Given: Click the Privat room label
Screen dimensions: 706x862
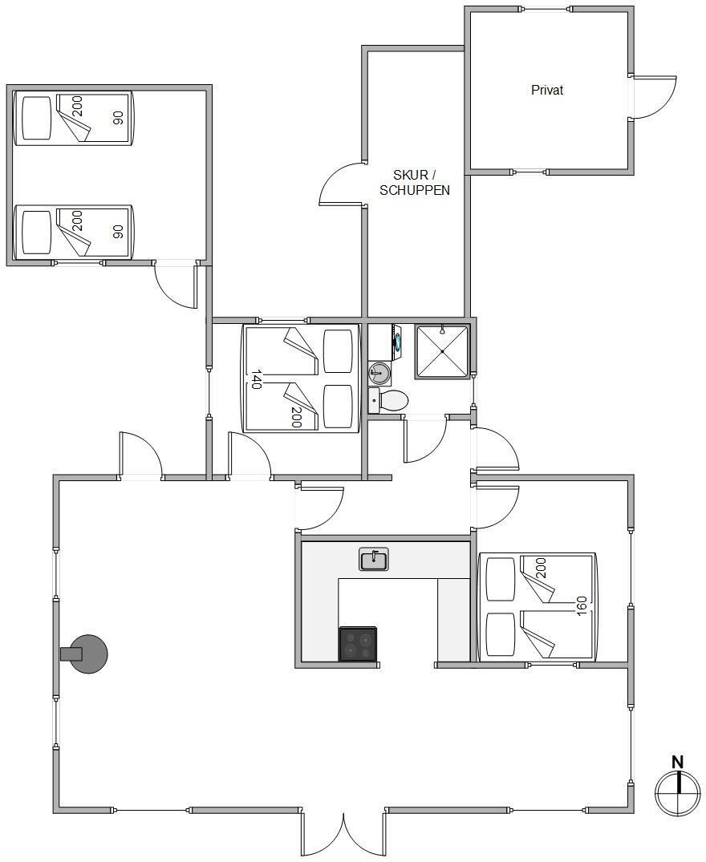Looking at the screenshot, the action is [547, 90].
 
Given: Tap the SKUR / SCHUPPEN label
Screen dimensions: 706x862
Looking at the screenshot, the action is [415, 183].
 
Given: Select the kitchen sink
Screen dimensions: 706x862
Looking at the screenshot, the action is [374, 559].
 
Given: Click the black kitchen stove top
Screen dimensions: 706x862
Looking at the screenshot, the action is [358, 643].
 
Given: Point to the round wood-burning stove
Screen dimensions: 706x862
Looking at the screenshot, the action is [86, 654].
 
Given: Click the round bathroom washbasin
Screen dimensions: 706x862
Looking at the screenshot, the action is [379, 373].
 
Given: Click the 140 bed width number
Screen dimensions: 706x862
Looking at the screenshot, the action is [256, 379].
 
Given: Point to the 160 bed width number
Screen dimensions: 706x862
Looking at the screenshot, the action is [582, 606].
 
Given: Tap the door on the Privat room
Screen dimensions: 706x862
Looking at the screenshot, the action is [655, 96].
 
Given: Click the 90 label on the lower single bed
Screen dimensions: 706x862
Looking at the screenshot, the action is [117, 232].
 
